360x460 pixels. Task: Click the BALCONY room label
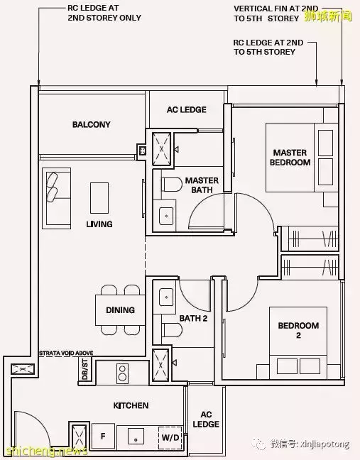tap(92, 124)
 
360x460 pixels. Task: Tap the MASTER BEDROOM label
tap(290, 158)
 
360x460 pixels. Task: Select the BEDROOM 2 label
tap(298, 330)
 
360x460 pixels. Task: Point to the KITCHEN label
tap(131, 405)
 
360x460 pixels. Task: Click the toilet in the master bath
tap(173, 185)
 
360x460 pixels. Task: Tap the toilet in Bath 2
tap(173, 330)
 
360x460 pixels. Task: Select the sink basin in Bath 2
tap(166, 297)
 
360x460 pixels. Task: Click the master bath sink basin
tap(166, 217)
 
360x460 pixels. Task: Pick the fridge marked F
tap(103, 437)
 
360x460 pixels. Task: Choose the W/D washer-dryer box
tap(170, 438)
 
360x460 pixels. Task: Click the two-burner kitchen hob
tap(122, 373)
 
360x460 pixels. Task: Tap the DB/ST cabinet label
tap(84, 371)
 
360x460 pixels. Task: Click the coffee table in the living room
tap(99, 198)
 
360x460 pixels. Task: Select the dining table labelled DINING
tap(120, 310)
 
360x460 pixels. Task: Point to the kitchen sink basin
tap(136, 437)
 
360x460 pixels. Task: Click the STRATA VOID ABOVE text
tap(66, 353)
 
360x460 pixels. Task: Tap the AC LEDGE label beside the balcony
tap(187, 110)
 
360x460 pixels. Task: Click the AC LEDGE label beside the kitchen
tap(206, 420)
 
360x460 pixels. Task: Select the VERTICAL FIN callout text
tap(276, 13)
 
